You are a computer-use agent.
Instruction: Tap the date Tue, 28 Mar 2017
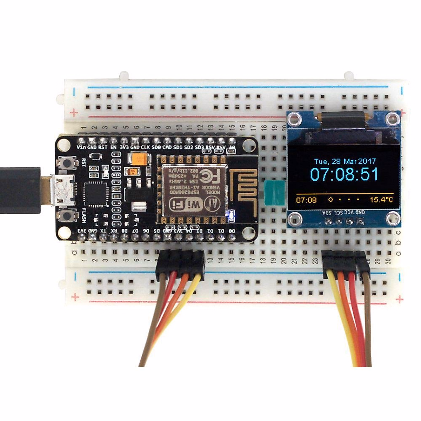(x=345, y=161)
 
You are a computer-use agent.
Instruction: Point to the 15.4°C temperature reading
(x=381, y=200)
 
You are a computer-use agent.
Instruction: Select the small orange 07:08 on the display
(x=306, y=200)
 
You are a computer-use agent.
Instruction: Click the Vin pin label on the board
(x=81, y=148)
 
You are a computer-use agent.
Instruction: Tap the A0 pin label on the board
(x=232, y=148)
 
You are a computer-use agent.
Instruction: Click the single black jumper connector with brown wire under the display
(x=362, y=263)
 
